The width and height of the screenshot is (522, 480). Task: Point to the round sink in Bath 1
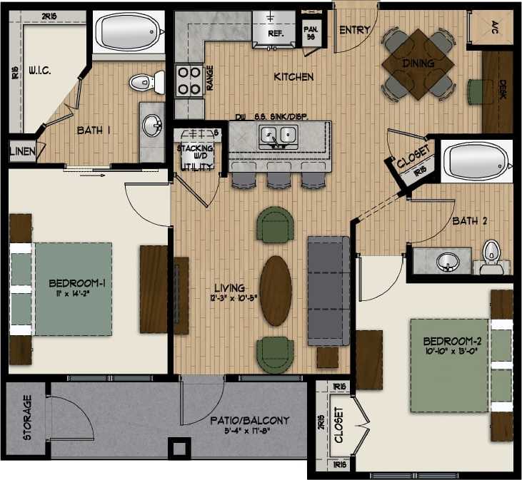[151, 126]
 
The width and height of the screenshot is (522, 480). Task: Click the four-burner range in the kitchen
[189, 80]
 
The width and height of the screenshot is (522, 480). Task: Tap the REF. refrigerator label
[276, 34]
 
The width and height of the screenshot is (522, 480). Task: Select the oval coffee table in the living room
[276, 290]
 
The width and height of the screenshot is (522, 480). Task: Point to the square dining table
[418, 64]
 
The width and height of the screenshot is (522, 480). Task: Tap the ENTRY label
[354, 30]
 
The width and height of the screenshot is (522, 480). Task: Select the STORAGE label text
[28, 418]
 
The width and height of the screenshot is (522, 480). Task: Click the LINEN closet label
[18, 151]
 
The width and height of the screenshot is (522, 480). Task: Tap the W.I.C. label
[37, 71]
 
